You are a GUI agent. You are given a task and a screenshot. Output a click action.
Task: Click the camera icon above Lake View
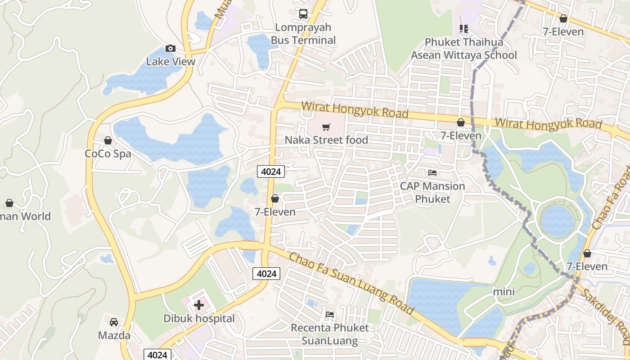coord(171,48)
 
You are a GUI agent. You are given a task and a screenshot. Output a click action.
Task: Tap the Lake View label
coord(171,62)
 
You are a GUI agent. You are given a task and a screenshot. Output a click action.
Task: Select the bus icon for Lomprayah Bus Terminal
coord(303,14)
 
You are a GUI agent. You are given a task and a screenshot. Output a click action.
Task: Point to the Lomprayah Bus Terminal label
coord(303,34)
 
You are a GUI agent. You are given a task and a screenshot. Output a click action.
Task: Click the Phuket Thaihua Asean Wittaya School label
coord(464,49)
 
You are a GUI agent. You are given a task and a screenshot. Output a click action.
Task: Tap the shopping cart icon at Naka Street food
coord(326,127)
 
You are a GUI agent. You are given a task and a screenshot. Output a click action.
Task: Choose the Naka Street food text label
coord(326,140)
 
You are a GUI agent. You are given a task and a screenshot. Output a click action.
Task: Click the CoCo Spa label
coord(108,153)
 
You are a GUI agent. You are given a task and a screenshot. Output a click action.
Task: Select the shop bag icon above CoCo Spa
coord(108,140)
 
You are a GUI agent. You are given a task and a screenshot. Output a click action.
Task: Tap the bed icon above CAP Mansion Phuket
coord(432,172)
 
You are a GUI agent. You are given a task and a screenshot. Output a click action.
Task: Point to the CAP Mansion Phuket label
coord(432,192)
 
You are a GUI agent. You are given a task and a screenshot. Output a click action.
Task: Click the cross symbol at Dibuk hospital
coord(199,305)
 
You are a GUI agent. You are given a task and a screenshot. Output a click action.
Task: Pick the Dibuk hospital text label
coord(199,319)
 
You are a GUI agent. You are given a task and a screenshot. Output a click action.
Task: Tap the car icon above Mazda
coord(114,322)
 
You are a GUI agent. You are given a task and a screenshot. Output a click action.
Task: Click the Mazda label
coord(114,335)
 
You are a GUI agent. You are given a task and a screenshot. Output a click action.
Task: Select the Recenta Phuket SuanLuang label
coord(330,334)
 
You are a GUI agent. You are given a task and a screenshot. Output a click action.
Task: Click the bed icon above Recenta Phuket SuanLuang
coord(330,314)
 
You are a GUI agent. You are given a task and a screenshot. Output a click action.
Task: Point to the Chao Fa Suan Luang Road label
coord(351,284)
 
